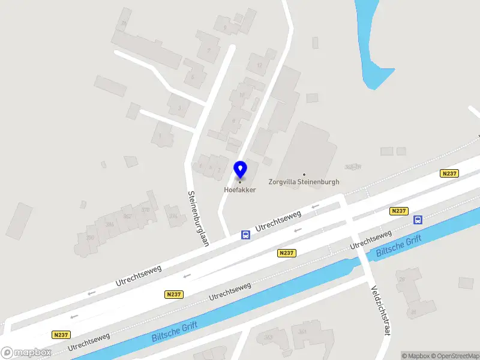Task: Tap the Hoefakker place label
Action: coord(240,190)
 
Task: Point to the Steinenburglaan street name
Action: coord(197,218)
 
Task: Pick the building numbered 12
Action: coord(259,65)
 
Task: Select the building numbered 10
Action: coord(242,95)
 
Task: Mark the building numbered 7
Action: coord(209,51)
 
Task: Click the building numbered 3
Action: coord(179,109)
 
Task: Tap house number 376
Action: coord(145,209)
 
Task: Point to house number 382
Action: coord(127,217)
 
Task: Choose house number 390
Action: coord(91,238)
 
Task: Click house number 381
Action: coord(302,331)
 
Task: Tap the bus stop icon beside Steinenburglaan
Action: coord(245,235)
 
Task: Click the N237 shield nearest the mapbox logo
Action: coord(61,335)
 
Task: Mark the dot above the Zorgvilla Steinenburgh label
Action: coord(304,175)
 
